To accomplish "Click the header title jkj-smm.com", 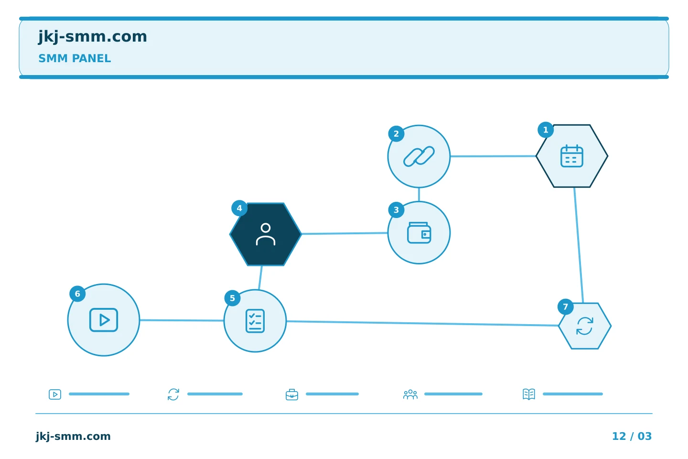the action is pyautogui.click(x=93, y=37).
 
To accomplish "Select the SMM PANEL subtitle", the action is pyautogui.click(x=75, y=58).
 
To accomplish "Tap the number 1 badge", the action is pyautogui.click(x=546, y=130).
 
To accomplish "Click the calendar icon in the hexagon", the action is pyautogui.click(x=571, y=156).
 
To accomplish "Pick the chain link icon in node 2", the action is pyautogui.click(x=419, y=156).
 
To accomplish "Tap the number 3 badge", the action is pyautogui.click(x=396, y=210).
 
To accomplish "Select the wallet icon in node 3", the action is pyautogui.click(x=419, y=233).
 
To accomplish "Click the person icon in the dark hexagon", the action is pyautogui.click(x=266, y=234).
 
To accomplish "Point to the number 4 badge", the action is pyautogui.click(x=239, y=208).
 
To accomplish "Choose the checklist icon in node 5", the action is pyautogui.click(x=255, y=321).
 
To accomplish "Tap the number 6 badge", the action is pyautogui.click(x=77, y=294).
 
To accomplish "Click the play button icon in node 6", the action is pyautogui.click(x=104, y=320).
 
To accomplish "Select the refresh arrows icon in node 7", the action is pyautogui.click(x=584, y=326).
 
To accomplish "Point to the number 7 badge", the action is pyautogui.click(x=566, y=307).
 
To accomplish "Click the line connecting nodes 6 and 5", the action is pyautogui.click(x=182, y=320).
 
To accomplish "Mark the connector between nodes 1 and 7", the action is pyautogui.click(x=579, y=245).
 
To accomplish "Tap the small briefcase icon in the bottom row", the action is pyautogui.click(x=292, y=394).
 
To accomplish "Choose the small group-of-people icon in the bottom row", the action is pyautogui.click(x=410, y=394).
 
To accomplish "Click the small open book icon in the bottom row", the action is pyautogui.click(x=529, y=394).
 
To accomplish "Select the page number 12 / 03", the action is pyautogui.click(x=632, y=436).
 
